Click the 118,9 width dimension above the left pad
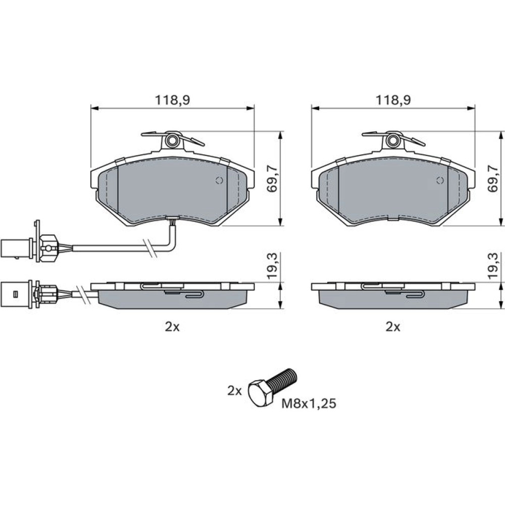[173, 100]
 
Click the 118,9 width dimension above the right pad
[393, 100]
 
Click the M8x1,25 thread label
[309, 403]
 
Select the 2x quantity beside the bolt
[234, 391]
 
